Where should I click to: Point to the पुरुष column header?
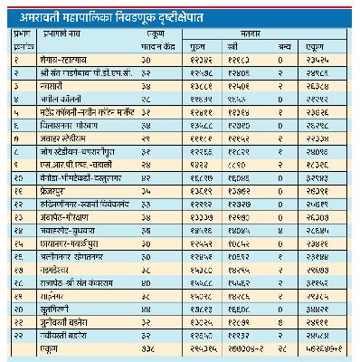pos(204,42)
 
